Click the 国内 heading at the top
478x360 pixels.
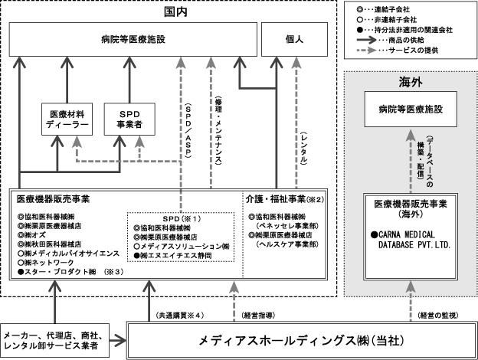pos(175,12)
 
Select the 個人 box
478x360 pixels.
pos(294,39)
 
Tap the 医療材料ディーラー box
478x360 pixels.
pos(67,119)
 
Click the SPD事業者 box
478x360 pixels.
pos(129,119)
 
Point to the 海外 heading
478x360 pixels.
pos(411,82)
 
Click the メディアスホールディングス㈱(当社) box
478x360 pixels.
pos(302,341)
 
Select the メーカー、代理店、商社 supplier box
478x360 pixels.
pos(55,340)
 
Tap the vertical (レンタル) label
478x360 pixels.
pos(304,148)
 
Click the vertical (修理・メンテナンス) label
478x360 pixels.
pos(218,130)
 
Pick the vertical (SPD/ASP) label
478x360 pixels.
pos(188,131)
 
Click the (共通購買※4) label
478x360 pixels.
pos(179,316)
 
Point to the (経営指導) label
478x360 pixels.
pos(258,316)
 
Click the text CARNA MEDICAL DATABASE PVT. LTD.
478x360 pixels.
pos(411,240)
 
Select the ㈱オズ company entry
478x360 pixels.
pos(31,235)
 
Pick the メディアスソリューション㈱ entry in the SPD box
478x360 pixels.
pos(182,247)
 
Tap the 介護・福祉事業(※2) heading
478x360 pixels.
pos(285,199)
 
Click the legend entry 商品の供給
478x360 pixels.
pos(392,40)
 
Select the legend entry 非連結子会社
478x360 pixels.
pos(386,20)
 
